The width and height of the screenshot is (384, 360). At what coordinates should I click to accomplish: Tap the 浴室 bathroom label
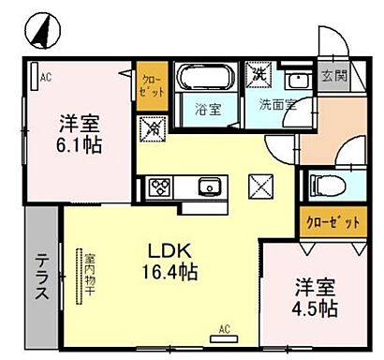208,109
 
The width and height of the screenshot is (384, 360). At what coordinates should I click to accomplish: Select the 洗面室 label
277,104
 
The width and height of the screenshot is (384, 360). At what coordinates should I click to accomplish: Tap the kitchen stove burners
156,187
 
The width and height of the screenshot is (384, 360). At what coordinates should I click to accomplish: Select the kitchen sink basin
208,187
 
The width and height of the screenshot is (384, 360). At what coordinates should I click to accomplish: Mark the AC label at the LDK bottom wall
225,328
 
